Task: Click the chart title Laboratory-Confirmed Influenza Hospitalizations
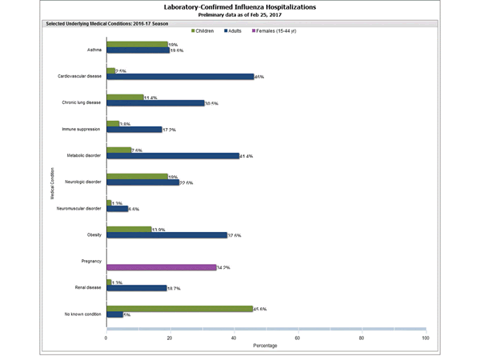(x=239, y=6)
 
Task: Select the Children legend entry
(x=210, y=30)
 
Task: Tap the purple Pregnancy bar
(x=161, y=266)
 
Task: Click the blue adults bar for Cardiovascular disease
(x=180, y=77)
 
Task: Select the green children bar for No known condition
(x=179, y=308)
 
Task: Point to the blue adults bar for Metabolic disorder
(x=173, y=155)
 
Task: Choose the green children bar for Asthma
(x=137, y=45)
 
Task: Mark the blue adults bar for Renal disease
(x=136, y=287)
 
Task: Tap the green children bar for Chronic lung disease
(x=125, y=98)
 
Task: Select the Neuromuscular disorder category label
(x=79, y=207)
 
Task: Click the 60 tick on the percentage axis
(x=298, y=338)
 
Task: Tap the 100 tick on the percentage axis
(x=425, y=338)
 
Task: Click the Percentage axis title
(x=266, y=346)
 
